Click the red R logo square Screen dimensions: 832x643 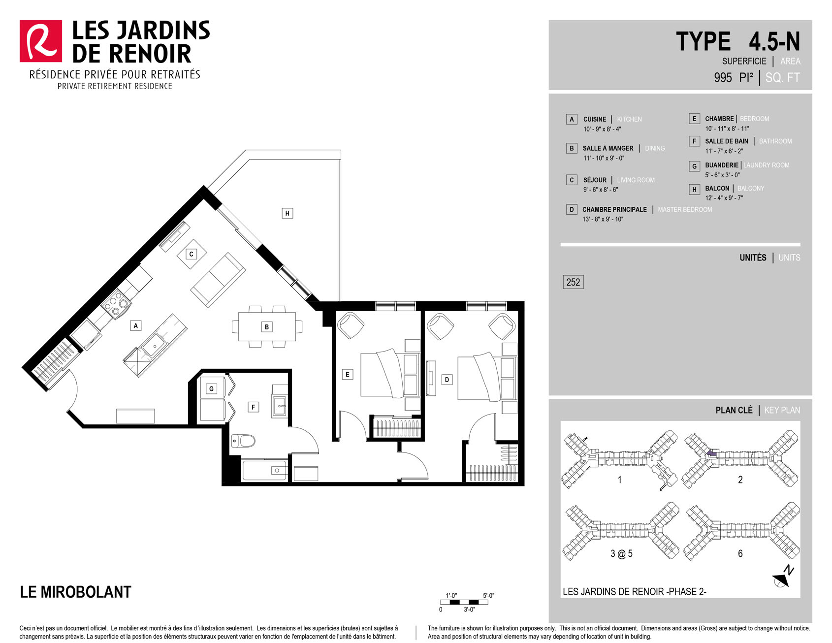41,41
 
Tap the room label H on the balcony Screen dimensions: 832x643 288,213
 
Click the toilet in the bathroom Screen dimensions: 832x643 243,440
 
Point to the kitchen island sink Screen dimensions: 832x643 155,344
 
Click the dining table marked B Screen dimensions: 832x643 267,327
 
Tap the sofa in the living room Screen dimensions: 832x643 218,280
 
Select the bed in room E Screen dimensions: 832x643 390,374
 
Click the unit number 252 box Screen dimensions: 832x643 573,282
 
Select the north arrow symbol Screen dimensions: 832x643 783,578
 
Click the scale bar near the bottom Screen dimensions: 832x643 464,602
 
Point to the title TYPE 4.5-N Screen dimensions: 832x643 738,41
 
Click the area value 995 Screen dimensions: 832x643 723,78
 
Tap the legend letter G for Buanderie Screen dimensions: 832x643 694,166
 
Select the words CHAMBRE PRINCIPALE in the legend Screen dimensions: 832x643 614,210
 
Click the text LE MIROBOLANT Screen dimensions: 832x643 76,592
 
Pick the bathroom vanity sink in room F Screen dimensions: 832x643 279,407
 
